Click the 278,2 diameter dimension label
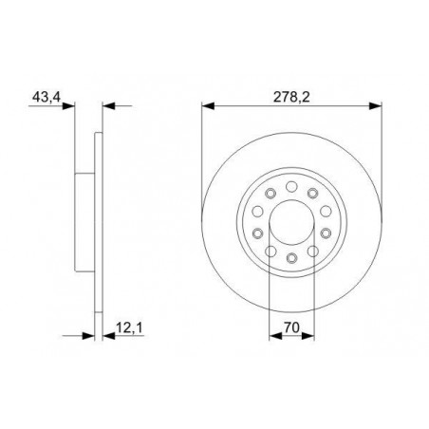click(x=291, y=97)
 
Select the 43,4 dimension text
click(x=47, y=97)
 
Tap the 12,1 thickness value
click(x=129, y=328)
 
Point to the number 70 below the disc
click(x=291, y=327)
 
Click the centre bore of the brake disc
click(x=291, y=222)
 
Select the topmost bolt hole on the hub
click(x=291, y=186)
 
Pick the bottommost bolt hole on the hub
click(x=291, y=258)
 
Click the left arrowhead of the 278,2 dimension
click(x=208, y=106)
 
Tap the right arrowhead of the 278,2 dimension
click(x=376, y=106)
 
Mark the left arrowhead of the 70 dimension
click(x=275, y=336)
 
